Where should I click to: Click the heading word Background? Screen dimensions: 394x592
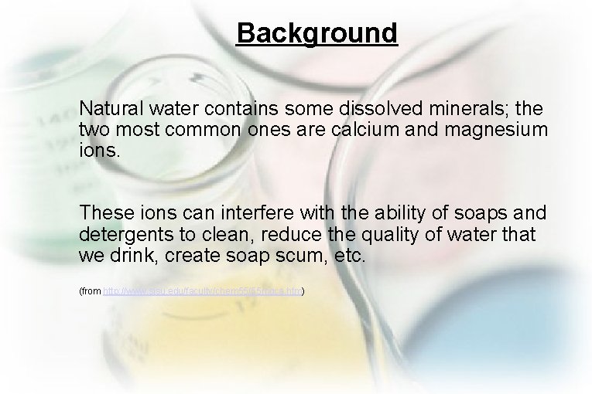coord(317,33)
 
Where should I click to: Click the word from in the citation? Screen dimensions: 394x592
coord(92,291)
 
